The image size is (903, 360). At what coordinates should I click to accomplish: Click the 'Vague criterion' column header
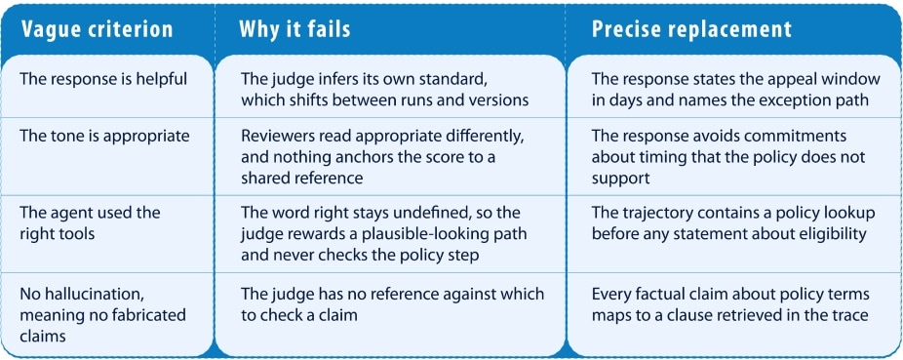[x=97, y=30]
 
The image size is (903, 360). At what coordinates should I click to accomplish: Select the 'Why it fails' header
[x=294, y=30]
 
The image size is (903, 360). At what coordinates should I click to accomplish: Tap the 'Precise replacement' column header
[x=691, y=30]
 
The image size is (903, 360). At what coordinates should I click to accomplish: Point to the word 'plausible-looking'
[x=437, y=234]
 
